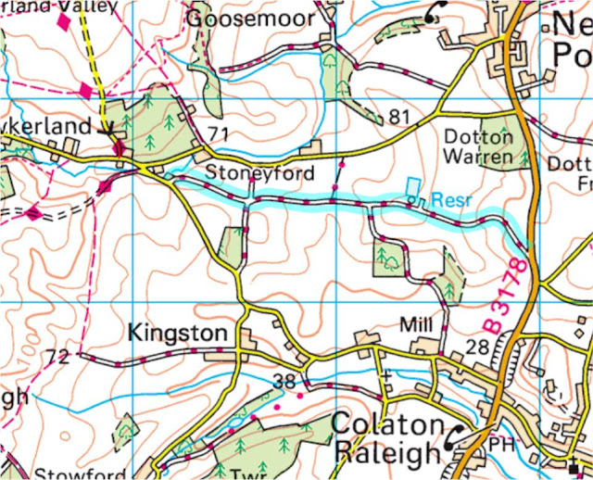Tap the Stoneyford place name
(x=260, y=173)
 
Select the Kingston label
(x=177, y=332)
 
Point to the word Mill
(x=416, y=326)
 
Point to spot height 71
(x=218, y=136)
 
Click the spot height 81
(x=398, y=117)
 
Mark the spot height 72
(x=57, y=356)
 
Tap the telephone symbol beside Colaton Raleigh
(x=457, y=436)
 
